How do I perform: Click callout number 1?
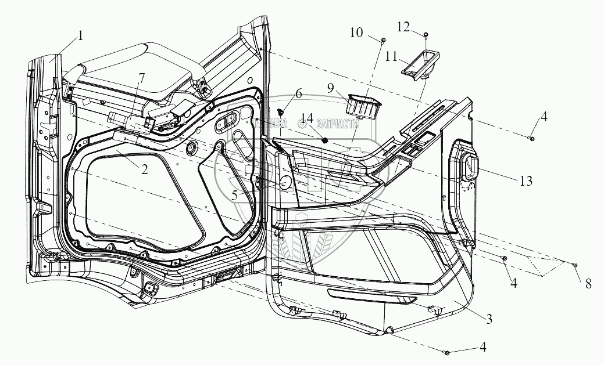pos(80,35)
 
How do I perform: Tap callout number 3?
pos(489,318)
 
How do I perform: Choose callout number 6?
pos(298,93)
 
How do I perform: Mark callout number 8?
pos(588,284)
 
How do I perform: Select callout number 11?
pos(392,56)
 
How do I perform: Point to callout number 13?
pos(526,182)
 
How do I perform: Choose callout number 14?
pos(307,120)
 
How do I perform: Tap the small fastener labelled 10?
pos(384,39)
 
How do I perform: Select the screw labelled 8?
pos(574,265)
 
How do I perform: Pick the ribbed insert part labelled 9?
pos(363,105)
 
